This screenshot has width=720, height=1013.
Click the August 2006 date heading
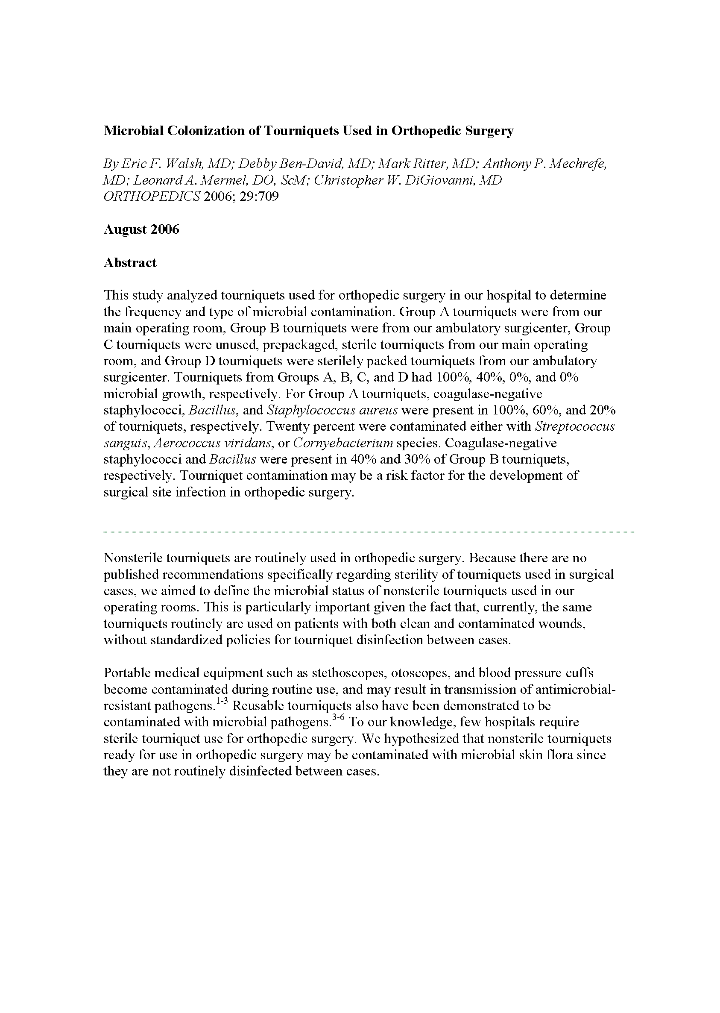pyautogui.click(x=141, y=229)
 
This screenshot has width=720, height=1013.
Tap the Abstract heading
pyautogui.click(x=130, y=263)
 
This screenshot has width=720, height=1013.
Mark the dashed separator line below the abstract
pyautogui.click(x=369, y=531)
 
